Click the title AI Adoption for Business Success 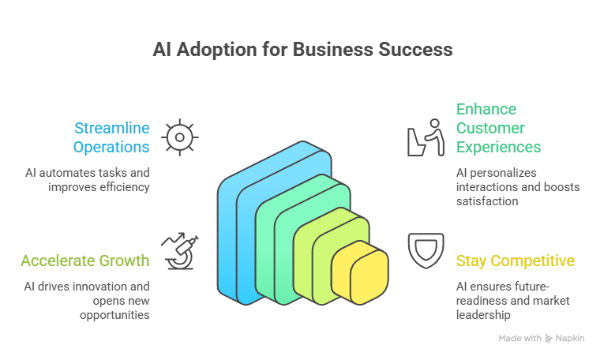point(302,50)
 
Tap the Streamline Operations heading point(111,137)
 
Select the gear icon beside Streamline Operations point(180,137)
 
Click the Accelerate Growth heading point(85,261)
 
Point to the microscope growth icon point(180,251)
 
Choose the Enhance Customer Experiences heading point(498,128)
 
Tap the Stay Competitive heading point(515,261)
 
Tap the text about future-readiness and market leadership point(512,301)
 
